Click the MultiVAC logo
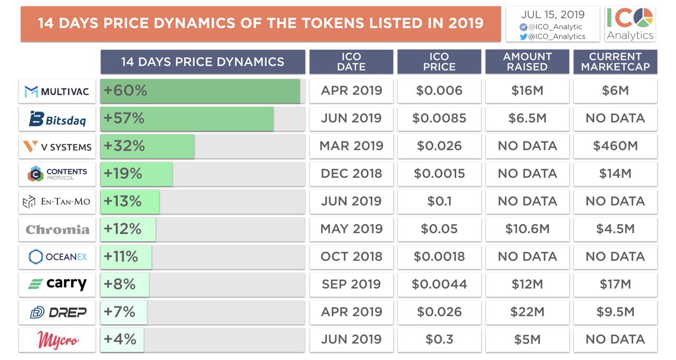(57, 91)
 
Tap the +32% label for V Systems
(124, 146)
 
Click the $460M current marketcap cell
(615, 146)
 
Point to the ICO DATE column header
(351, 62)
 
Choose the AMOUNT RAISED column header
(527, 62)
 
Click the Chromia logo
(57, 229)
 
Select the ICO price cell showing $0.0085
(439, 119)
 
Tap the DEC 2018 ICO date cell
(351, 174)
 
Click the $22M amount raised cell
(527, 312)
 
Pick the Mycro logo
(57, 339)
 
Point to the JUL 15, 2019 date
(552, 15)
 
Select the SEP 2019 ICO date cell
(351, 285)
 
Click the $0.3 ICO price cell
(439, 339)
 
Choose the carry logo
(57, 285)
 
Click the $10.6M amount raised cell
(527, 229)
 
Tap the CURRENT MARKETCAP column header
(615, 62)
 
